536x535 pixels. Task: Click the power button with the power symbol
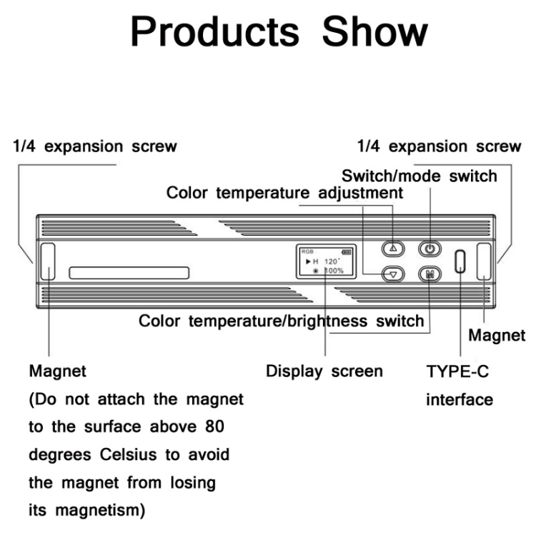(x=430, y=249)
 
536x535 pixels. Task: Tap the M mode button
(x=430, y=274)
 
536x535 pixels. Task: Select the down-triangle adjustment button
(x=393, y=274)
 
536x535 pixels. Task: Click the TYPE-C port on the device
(x=460, y=261)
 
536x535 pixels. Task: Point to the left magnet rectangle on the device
(x=48, y=261)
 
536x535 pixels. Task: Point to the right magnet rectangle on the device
(x=484, y=261)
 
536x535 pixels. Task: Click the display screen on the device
(x=326, y=261)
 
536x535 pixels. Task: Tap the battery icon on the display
(x=347, y=252)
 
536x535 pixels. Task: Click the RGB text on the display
(x=307, y=251)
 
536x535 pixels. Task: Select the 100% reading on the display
(x=334, y=271)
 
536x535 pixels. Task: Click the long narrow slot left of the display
(x=129, y=273)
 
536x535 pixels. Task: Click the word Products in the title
(x=215, y=31)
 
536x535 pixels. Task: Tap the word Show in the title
(x=375, y=31)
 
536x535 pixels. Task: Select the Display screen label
(x=324, y=371)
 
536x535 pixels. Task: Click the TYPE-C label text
(x=457, y=371)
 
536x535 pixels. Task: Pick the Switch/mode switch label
(x=420, y=176)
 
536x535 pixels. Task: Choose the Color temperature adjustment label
(x=284, y=193)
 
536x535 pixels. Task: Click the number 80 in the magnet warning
(x=214, y=426)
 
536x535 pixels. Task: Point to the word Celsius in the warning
(x=129, y=455)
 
